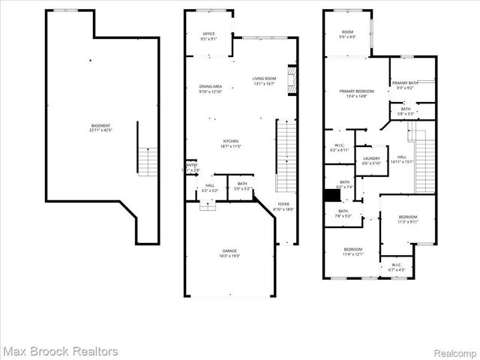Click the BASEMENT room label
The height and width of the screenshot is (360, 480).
point(100,127)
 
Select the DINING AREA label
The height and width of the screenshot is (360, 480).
point(210,89)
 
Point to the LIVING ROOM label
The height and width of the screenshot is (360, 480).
point(264,81)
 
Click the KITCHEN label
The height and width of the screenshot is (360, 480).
point(230,144)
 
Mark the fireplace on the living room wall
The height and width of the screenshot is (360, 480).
point(294,77)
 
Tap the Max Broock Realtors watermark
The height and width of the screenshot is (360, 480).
point(60,351)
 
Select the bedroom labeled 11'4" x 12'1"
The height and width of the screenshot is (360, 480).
point(352,252)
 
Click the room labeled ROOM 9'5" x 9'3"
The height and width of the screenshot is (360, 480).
point(347,34)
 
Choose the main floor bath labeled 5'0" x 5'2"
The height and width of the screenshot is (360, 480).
point(242,186)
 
